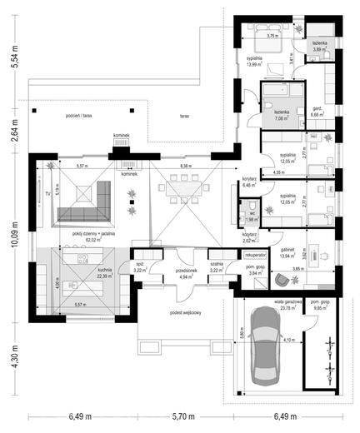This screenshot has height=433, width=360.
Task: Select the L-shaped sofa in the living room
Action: coord(88,202)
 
